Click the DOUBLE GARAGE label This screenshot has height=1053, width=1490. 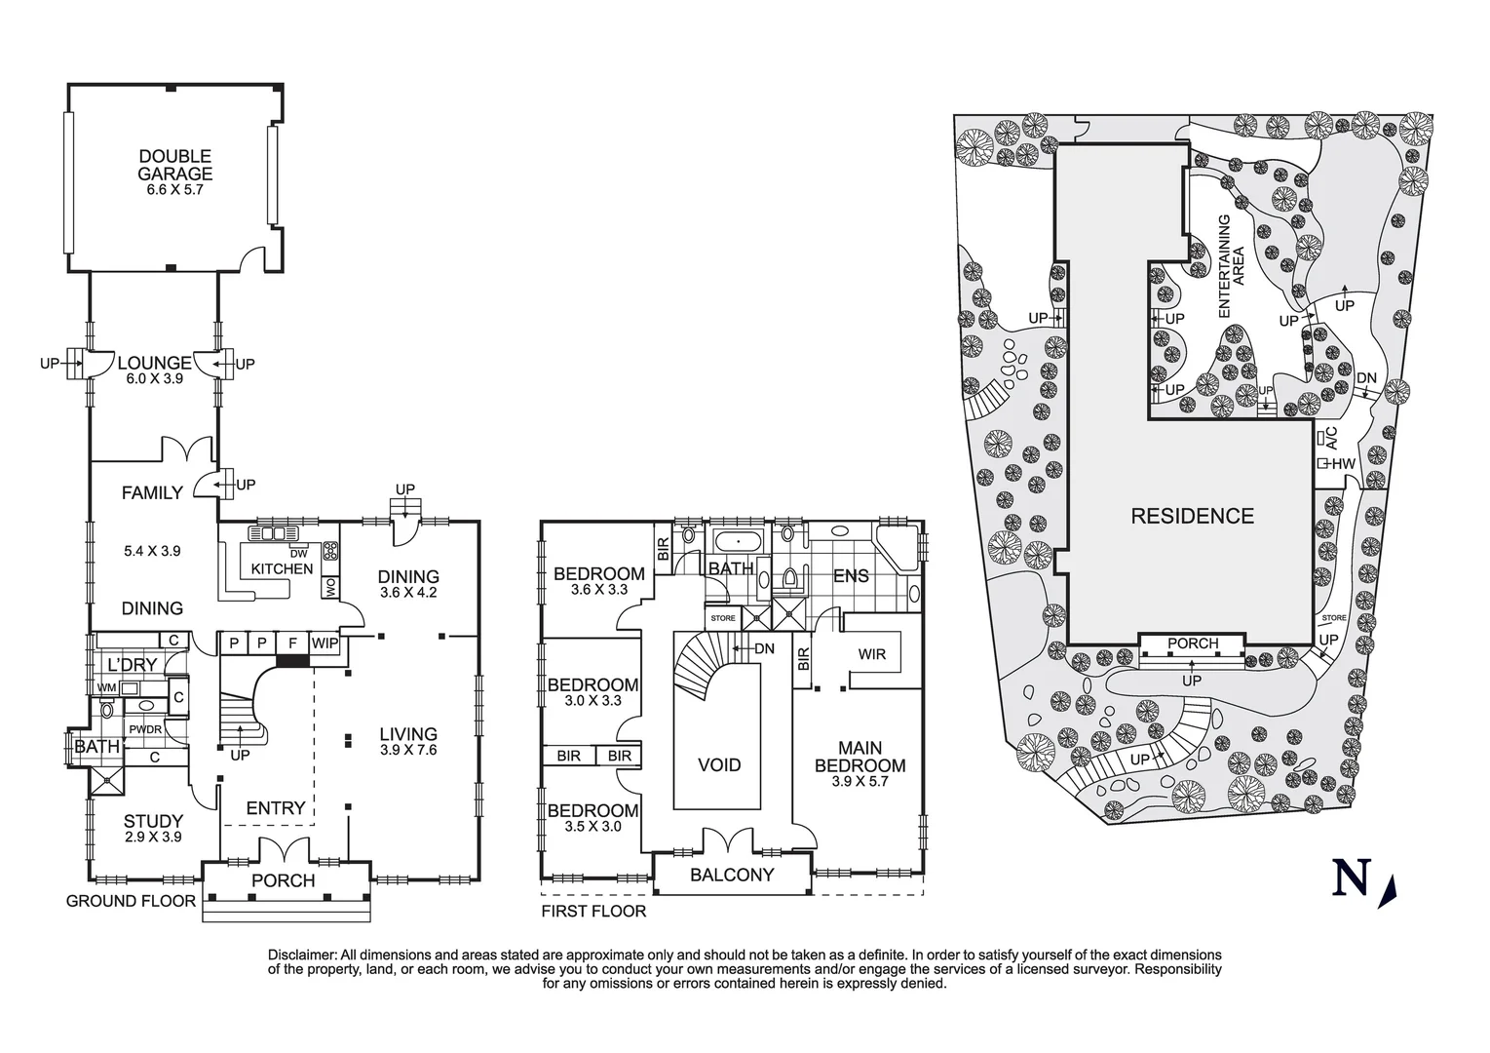click(x=174, y=165)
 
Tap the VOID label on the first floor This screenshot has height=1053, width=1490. click(x=719, y=765)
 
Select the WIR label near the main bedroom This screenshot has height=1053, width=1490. click(x=871, y=654)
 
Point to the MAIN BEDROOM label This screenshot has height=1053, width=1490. click(x=860, y=758)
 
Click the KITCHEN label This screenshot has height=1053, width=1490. click(x=282, y=568)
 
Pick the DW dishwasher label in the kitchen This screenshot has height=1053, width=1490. click(x=298, y=554)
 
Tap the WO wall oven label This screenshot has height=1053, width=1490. click(x=329, y=586)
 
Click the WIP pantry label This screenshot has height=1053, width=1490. click(x=325, y=643)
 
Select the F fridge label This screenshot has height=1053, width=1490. click(x=291, y=643)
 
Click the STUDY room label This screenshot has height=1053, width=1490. click(x=154, y=821)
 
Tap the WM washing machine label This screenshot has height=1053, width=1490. click(x=106, y=687)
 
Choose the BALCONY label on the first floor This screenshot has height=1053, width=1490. click(x=731, y=875)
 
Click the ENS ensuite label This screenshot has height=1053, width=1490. click(x=851, y=576)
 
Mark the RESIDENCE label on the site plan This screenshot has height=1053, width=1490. click(x=1191, y=516)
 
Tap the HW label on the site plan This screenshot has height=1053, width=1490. click(x=1343, y=464)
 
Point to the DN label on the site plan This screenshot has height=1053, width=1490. click(x=1366, y=378)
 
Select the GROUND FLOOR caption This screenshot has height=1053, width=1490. click(x=131, y=901)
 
